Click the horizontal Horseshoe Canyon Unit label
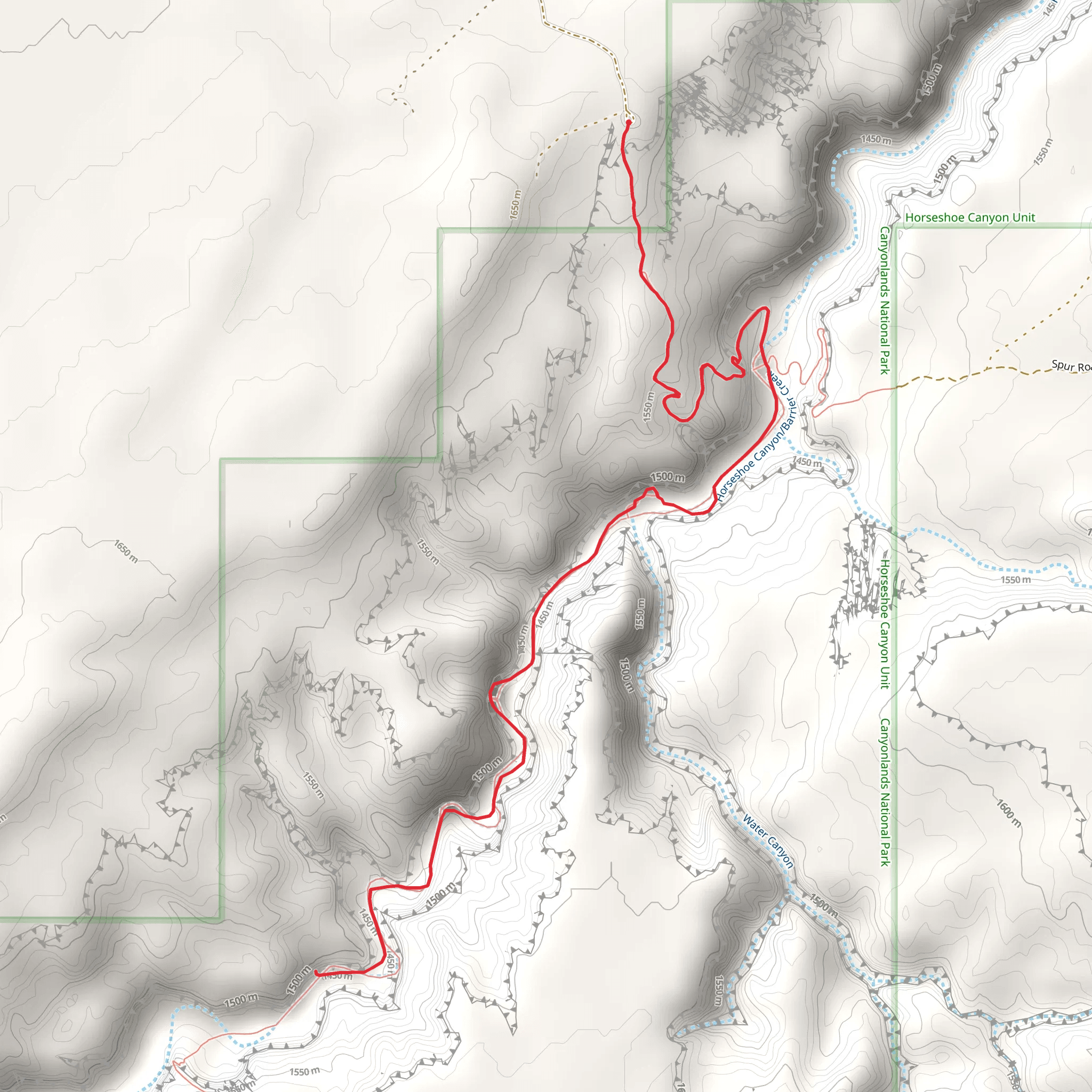(970, 218)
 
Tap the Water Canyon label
(768, 841)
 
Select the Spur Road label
(1071, 366)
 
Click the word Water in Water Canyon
(755, 826)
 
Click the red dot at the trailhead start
(629, 122)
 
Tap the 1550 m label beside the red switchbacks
(649, 406)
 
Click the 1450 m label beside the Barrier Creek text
(807, 462)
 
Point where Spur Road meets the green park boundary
(894, 387)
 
